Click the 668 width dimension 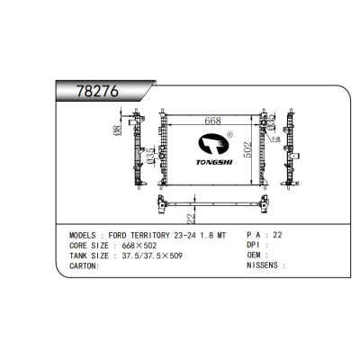point(212,121)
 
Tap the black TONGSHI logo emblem point(211,146)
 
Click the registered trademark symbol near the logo point(230,136)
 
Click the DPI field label point(255,245)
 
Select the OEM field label point(255,256)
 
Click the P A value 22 point(277,234)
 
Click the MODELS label point(87,234)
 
